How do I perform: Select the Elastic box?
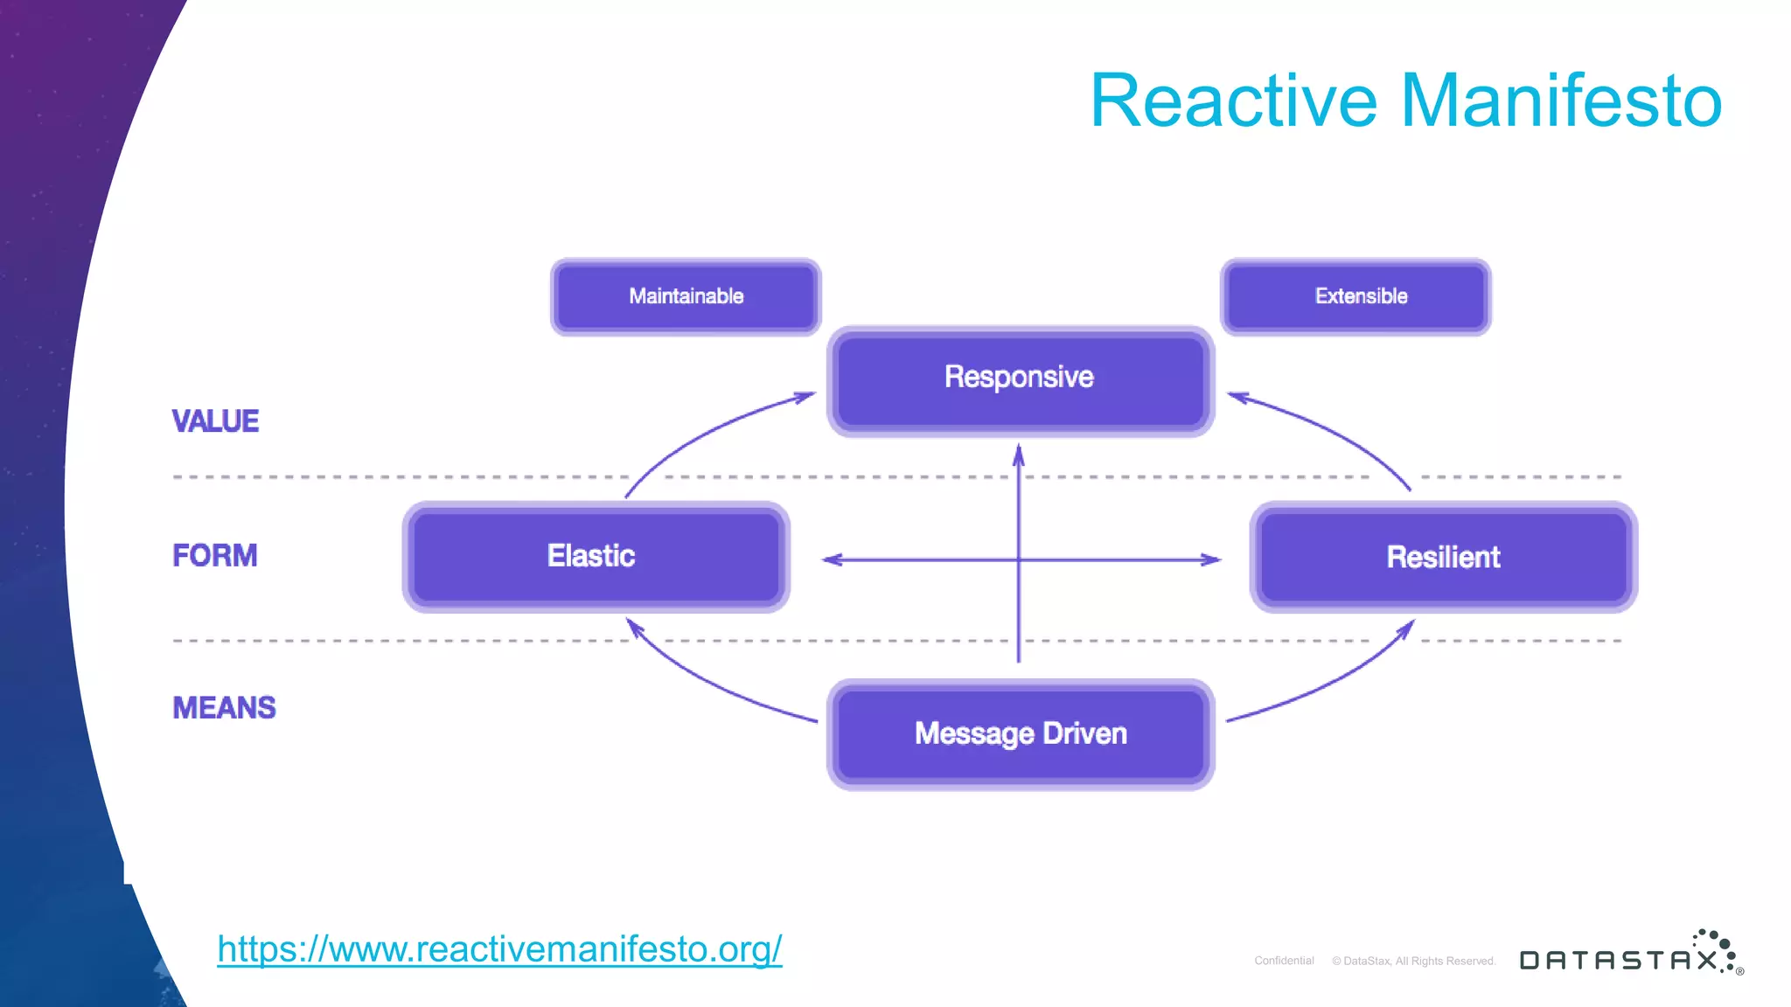(596, 557)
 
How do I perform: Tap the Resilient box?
(1443, 557)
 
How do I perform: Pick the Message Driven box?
(1020, 734)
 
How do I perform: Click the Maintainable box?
(686, 296)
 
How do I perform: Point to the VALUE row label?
(215, 421)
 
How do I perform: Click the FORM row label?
(215, 556)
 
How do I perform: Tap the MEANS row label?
(224, 708)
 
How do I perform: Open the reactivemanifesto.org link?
(499, 949)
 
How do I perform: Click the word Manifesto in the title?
(1561, 101)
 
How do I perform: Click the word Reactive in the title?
(1233, 101)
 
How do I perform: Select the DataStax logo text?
(1618, 960)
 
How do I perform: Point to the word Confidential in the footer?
(1284, 961)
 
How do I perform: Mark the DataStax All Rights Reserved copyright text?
(1414, 961)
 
